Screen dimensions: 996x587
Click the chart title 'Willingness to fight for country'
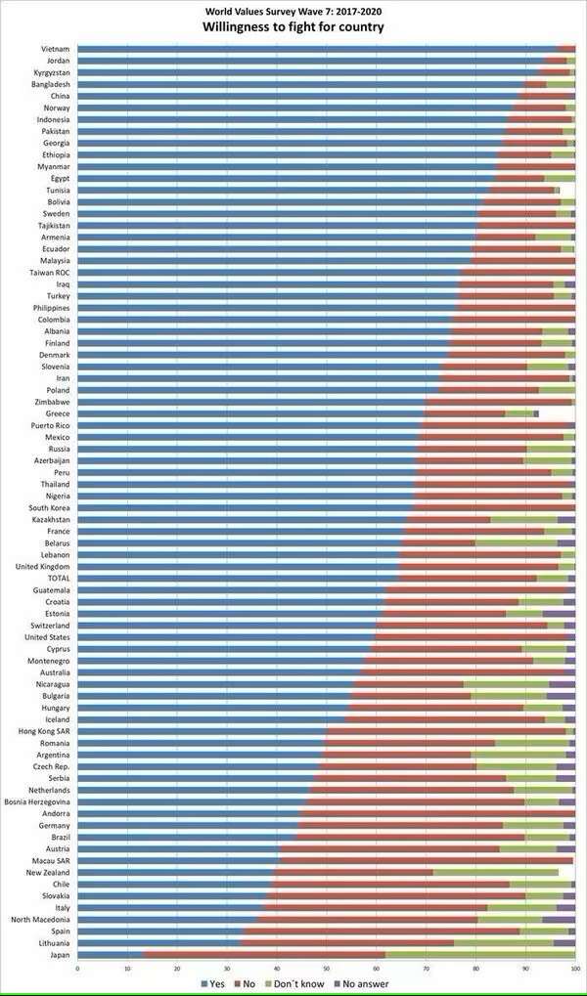[x=293, y=27]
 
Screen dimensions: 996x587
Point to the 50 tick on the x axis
[x=326, y=969]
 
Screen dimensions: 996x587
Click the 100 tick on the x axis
[x=574, y=969]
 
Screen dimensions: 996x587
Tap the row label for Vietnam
[x=55, y=49]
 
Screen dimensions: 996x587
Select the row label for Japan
[x=58, y=955]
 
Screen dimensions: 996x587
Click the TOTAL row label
[x=56, y=579]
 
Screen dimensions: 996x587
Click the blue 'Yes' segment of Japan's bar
[x=110, y=955]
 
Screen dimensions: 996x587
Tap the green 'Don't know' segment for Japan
[x=479, y=955]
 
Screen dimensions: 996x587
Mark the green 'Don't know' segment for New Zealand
[x=495, y=872]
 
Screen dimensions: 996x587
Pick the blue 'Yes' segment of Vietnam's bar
[x=313, y=49]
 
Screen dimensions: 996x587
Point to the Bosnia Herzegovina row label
[x=37, y=801]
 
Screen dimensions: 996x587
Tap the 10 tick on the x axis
[x=127, y=969]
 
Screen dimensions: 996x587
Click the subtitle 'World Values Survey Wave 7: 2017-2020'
[x=293, y=10]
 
